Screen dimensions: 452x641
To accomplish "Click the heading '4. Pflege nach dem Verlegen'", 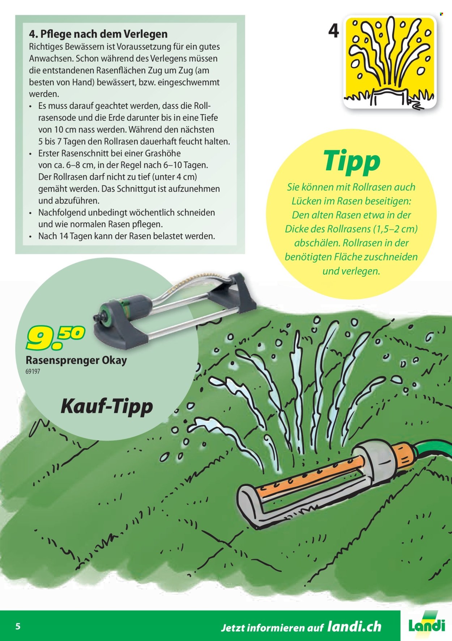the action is [98, 34].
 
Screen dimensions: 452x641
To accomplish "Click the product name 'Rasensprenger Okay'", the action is [76, 360].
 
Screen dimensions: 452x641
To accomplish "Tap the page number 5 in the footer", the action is [18, 626].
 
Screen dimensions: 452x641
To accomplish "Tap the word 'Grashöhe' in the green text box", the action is [163, 153].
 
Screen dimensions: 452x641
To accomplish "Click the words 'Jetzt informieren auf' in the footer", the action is [272, 627].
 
